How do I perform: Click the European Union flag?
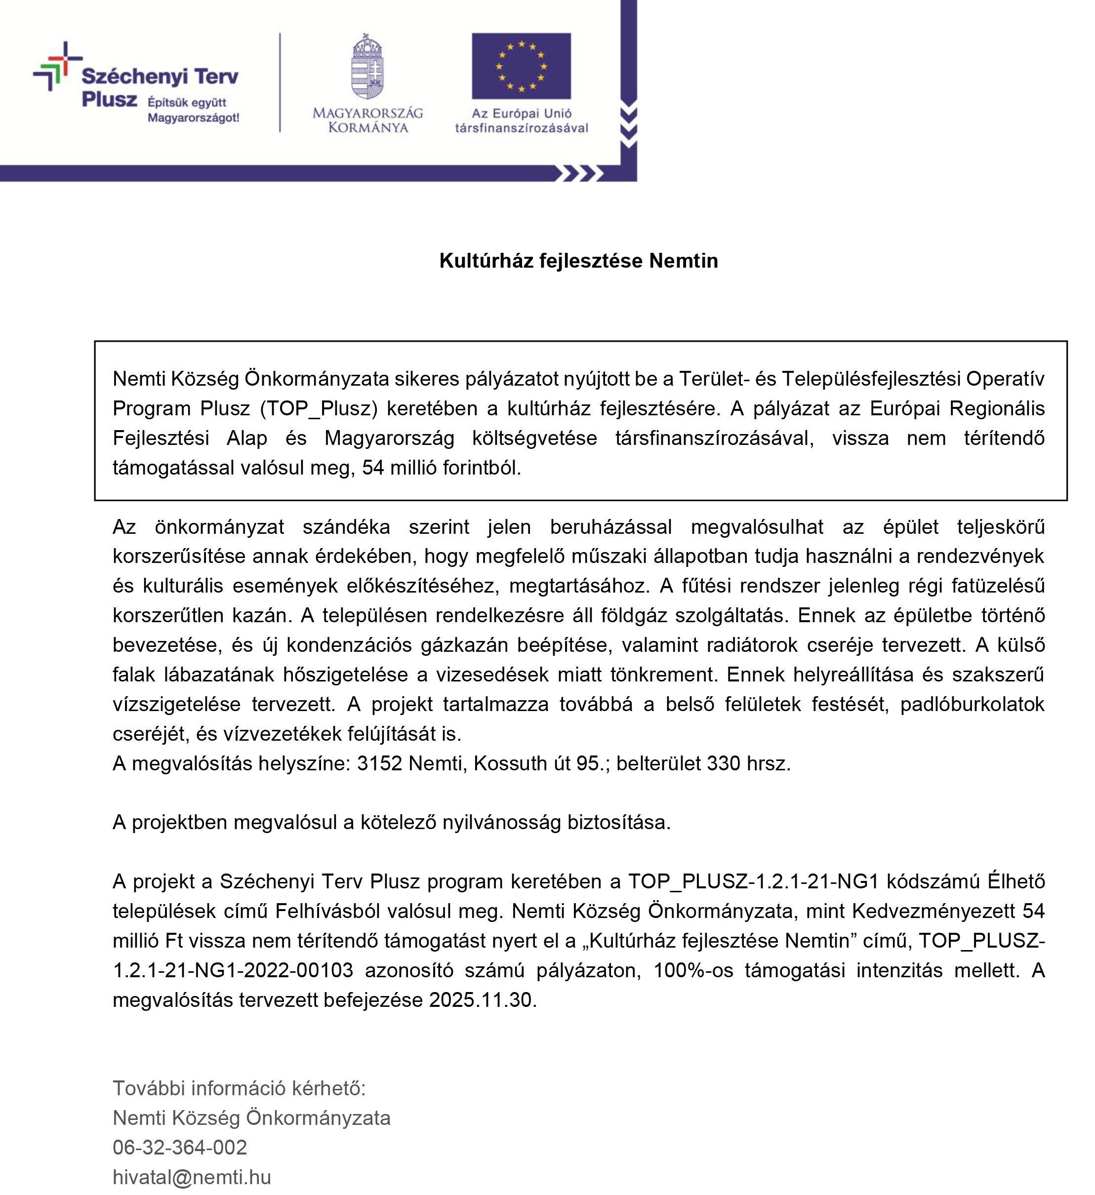tap(521, 66)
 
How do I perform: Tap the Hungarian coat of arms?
tap(367, 66)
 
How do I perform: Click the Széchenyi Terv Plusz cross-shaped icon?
tap(57, 66)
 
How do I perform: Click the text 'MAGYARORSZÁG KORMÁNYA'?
tap(367, 120)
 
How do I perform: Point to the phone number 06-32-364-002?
tap(180, 1147)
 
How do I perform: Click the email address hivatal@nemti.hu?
tap(192, 1177)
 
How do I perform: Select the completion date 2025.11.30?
tap(481, 999)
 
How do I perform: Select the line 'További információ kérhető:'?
tap(239, 1088)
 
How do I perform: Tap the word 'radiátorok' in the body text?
tap(748, 644)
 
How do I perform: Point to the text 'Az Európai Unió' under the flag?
tap(521, 113)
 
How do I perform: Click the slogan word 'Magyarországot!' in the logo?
tap(193, 118)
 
